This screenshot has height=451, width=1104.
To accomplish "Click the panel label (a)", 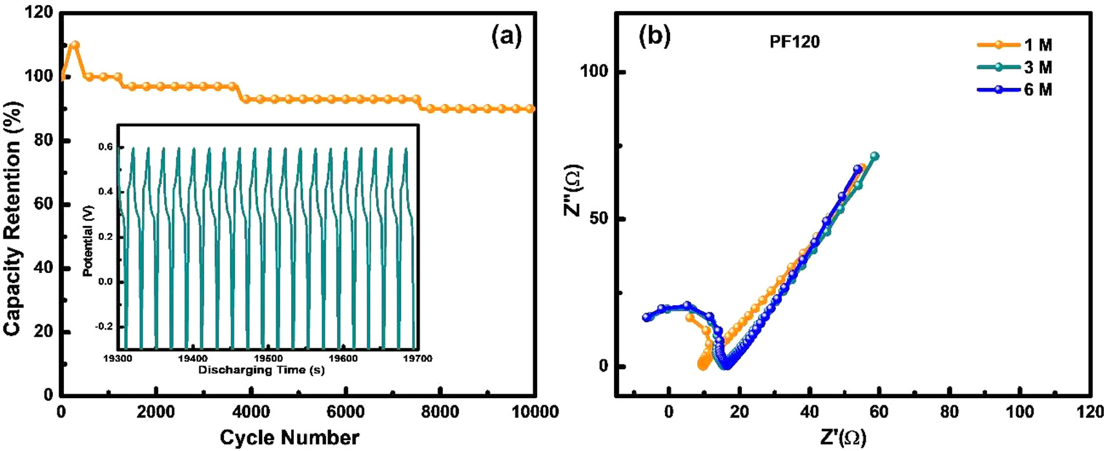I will click(x=506, y=36).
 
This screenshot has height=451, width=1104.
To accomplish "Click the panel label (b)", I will click(x=655, y=36).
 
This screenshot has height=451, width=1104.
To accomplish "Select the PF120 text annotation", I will click(x=795, y=42).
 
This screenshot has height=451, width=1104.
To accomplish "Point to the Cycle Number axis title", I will click(x=289, y=437).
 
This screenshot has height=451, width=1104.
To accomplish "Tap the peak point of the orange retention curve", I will click(x=75, y=45).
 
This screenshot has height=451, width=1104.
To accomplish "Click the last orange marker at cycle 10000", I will click(x=531, y=109).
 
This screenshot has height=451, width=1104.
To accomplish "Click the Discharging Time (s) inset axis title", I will click(x=261, y=370).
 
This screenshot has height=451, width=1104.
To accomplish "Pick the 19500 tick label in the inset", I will click(x=268, y=359).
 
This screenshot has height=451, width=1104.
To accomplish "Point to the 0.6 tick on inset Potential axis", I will click(x=105, y=147).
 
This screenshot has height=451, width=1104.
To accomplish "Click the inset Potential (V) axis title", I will click(x=88, y=241).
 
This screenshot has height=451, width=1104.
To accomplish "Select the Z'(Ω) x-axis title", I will click(x=843, y=437).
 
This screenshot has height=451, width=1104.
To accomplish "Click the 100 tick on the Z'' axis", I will click(x=594, y=71).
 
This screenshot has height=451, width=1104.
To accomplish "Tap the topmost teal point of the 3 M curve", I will click(x=875, y=156).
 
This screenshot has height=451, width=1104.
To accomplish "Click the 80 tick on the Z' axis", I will click(x=949, y=412).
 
